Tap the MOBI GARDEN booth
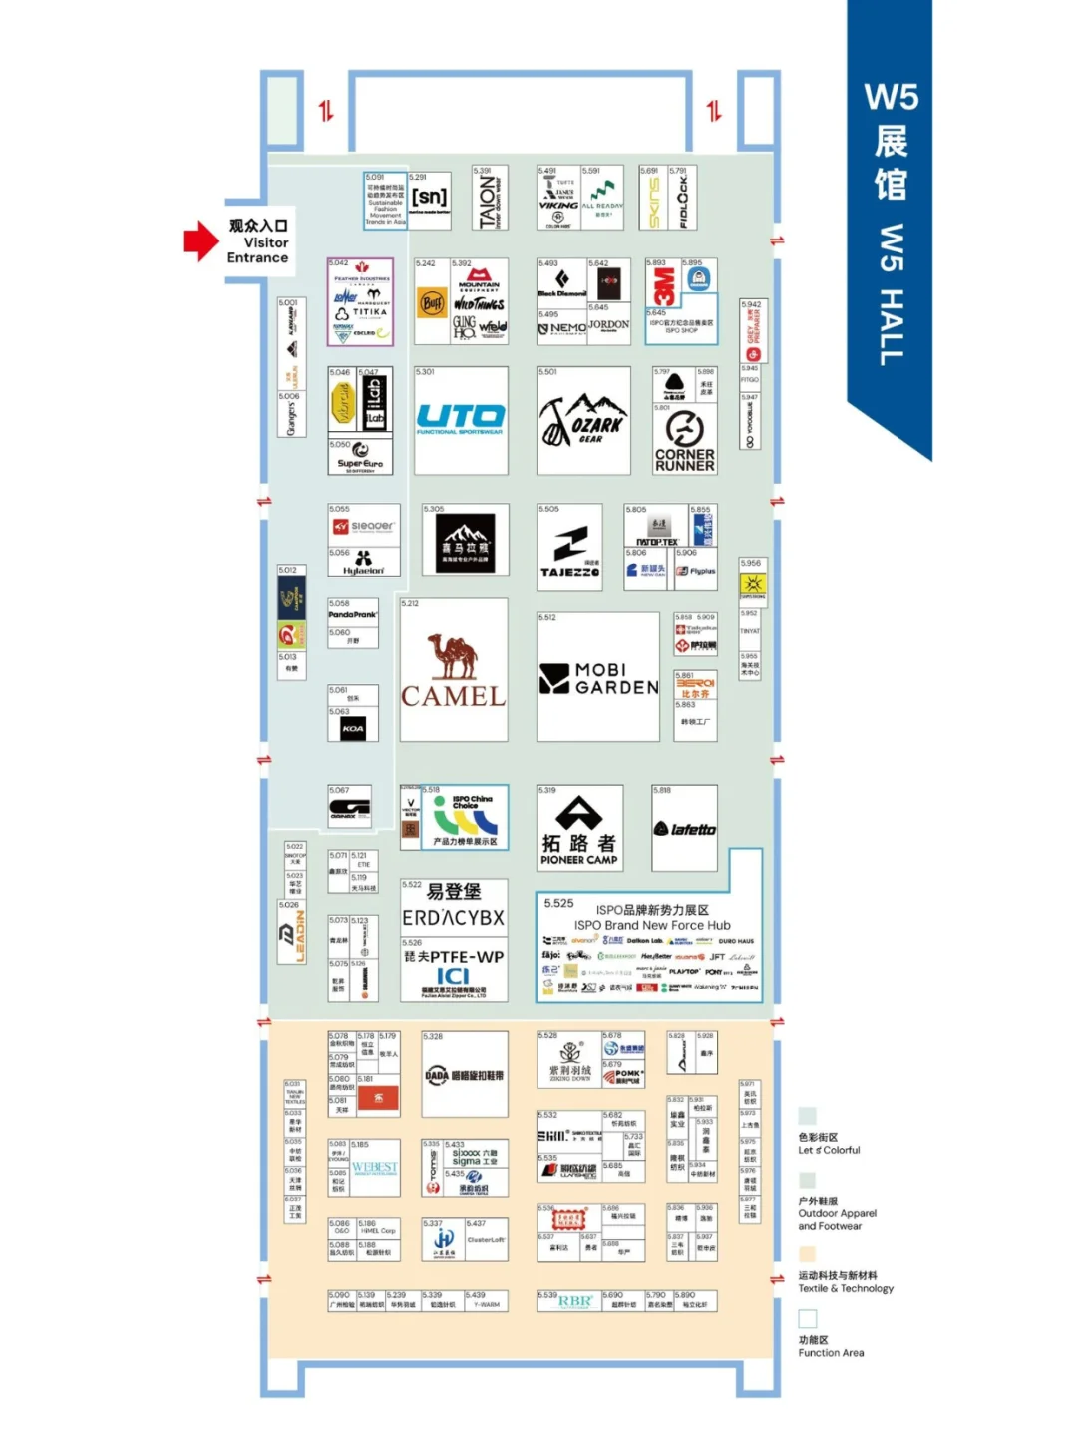click(x=598, y=678)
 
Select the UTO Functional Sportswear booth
click(x=461, y=419)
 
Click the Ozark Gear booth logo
click(x=583, y=420)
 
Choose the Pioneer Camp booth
click(x=579, y=828)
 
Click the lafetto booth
click(x=685, y=828)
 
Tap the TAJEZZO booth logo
click(x=570, y=550)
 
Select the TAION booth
click(x=490, y=198)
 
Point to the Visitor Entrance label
click(x=258, y=241)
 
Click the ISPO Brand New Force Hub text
click(x=652, y=918)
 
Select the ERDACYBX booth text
click(x=454, y=917)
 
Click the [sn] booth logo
click(x=430, y=198)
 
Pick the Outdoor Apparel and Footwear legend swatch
click(x=807, y=1180)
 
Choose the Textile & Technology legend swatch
click(x=807, y=1254)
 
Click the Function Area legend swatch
click(x=807, y=1318)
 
